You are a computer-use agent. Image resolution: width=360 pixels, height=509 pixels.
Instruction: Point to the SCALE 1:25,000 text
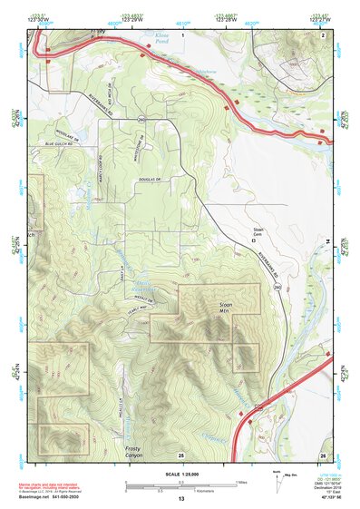[180, 474]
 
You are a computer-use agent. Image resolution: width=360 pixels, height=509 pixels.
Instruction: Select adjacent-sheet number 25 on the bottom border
[180, 454]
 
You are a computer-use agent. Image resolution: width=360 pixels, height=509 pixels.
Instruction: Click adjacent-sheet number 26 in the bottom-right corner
[322, 454]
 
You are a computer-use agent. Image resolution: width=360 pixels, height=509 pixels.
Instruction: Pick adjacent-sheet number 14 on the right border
[327, 241]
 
